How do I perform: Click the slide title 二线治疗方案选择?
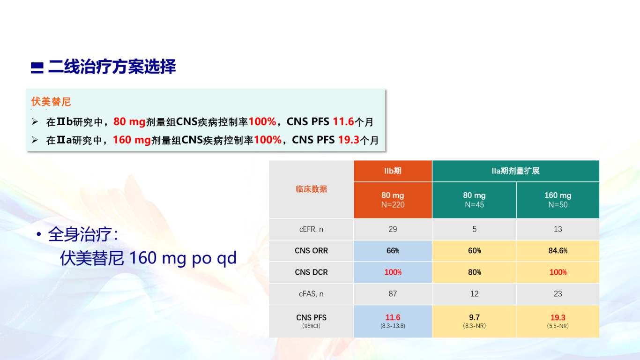pos(112,67)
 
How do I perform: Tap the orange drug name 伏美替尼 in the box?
pos(51,102)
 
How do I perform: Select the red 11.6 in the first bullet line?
pos(343,121)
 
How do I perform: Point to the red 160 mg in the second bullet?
pos(132,140)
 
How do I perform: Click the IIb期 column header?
pos(393,171)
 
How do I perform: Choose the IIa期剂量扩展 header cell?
pos(516,171)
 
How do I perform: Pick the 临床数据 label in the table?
pos(311,189)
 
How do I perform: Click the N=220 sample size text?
pos(393,205)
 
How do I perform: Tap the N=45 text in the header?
pos(474,205)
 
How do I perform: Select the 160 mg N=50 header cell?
pos(558,200)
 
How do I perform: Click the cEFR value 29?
pos(393,229)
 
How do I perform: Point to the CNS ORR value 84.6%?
pos(558,251)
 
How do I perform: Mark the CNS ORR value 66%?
pos(393,251)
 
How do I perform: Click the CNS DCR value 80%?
pos(474,272)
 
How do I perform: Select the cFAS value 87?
pos(393,293)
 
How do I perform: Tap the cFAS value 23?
pos(558,293)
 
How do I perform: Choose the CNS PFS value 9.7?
pos(474,317)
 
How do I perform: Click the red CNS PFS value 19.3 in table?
pos(558,317)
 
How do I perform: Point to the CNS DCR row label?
pos(311,272)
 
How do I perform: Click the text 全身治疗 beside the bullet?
pos(80,234)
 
